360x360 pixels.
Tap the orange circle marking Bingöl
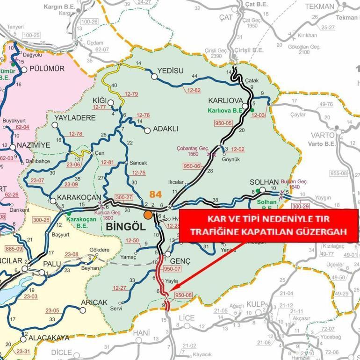[x=148, y=215]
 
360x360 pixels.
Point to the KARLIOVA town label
[x=225, y=101]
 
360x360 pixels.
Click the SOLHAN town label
[x=264, y=182]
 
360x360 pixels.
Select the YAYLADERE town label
[x=75, y=118]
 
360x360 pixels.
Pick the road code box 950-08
[x=183, y=295]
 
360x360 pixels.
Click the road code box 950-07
[x=172, y=269]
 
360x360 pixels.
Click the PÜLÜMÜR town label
[x=47, y=68]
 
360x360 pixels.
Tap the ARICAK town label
[x=94, y=302]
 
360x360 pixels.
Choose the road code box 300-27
[x=124, y=198]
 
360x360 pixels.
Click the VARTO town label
[x=323, y=135]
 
